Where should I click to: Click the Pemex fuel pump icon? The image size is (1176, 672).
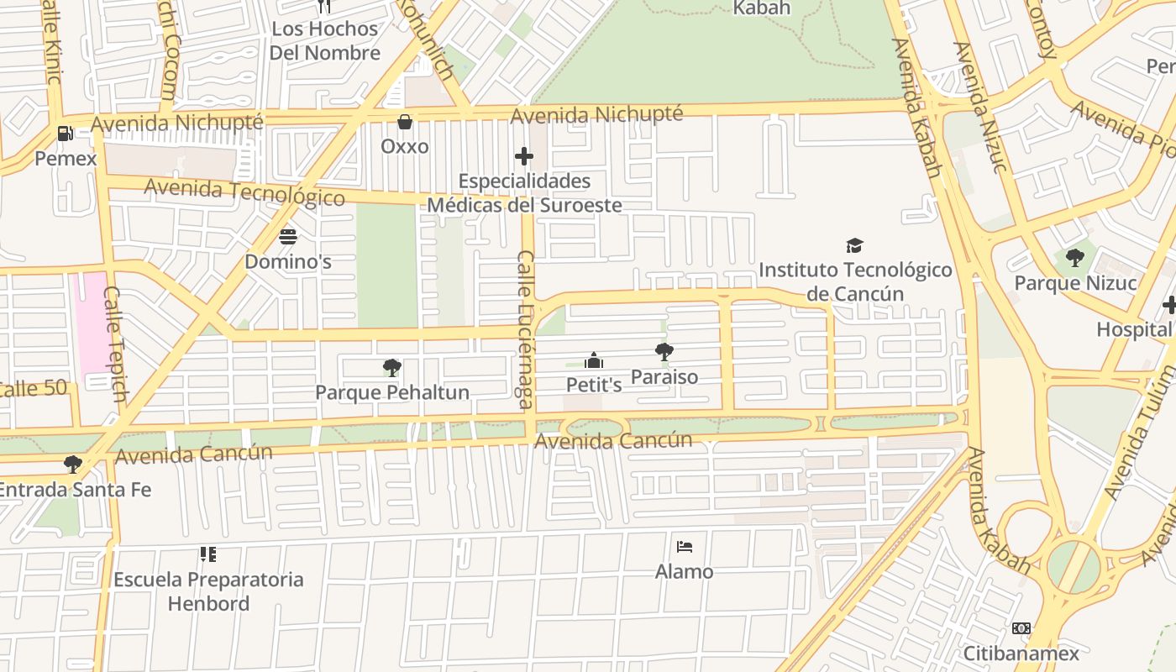(65, 133)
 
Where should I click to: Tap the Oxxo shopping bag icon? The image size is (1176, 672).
(405, 122)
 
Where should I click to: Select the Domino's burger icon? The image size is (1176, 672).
(288, 237)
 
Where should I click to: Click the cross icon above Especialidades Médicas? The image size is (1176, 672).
(524, 156)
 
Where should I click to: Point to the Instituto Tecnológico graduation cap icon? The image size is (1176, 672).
(854, 245)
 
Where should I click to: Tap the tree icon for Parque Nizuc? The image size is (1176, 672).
(1074, 258)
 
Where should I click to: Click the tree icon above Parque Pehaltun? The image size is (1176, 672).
(391, 367)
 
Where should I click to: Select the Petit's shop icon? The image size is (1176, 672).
(594, 360)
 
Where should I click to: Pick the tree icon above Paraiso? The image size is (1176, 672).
(664, 352)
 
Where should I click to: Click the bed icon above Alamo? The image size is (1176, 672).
(685, 547)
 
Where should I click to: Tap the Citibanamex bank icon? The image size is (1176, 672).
(1021, 628)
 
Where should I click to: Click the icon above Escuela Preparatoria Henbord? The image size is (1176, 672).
(207, 554)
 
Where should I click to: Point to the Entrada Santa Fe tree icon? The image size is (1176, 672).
(73, 464)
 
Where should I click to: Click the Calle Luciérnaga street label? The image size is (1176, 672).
(525, 329)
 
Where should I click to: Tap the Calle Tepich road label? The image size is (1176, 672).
(116, 344)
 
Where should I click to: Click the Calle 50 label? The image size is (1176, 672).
(34, 390)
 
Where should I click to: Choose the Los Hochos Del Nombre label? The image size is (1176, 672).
(324, 40)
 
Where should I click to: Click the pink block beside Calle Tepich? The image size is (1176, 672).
(92, 323)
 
